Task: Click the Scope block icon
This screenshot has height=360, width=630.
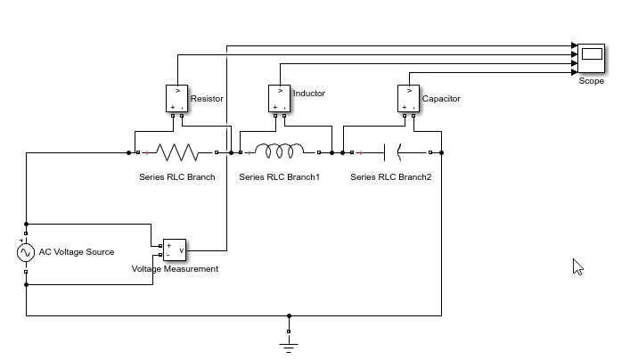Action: click(x=591, y=58)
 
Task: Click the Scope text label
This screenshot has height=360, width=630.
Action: click(x=591, y=81)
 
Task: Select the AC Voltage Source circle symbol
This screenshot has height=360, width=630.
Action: click(x=26, y=253)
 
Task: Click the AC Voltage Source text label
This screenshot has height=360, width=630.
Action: click(x=76, y=252)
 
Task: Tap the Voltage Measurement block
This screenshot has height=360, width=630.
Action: click(x=174, y=250)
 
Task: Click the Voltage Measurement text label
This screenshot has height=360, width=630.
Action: click(x=175, y=269)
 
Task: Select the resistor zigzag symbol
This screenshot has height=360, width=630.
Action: click(x=181, y=152)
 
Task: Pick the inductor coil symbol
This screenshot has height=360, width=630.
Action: click(x=280, y=152)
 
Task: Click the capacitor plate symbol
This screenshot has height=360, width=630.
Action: click(x=391, y=152)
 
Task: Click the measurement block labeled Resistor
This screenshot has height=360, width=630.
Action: click(x=177, y=98)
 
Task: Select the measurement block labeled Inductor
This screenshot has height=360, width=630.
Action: click(x=280, y=98)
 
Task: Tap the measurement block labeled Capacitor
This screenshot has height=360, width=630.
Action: click(x=408, y=98)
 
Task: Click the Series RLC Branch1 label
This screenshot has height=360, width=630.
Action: click(x=279, y=177)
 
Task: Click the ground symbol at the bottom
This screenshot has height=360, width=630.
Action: click(x=289, y=342)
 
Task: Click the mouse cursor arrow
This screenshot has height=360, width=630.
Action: click(x=577, y=266)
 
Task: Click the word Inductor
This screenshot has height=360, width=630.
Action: click(x=309, y=94)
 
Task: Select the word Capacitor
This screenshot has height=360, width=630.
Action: click(x=441, y=99)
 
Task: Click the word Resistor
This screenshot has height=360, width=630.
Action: click(x=207, y=99)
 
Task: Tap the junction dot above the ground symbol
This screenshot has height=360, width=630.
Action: click(x=289, y=315)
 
